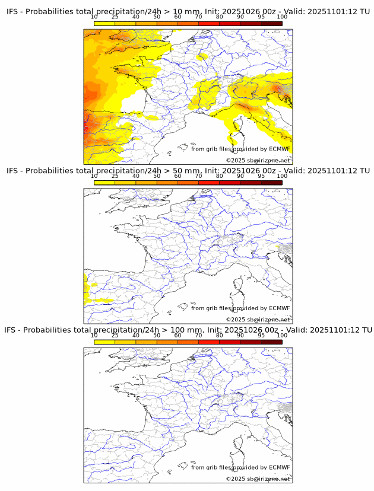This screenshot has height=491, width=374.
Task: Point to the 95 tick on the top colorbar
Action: [x=261, y=17]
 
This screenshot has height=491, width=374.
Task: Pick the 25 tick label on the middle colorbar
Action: [x=115, y=176]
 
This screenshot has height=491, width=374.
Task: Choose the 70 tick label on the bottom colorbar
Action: [x=198, y=335]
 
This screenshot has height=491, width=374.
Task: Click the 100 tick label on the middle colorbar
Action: [x=282, y=176]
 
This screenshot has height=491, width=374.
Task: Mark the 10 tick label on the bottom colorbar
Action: [x=94, y=335]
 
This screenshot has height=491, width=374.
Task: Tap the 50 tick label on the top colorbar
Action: [x=157, y=17]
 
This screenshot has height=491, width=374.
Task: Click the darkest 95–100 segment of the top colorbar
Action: [x=271, y=23]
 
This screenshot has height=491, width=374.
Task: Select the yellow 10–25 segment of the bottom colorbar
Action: [x=104, y=342]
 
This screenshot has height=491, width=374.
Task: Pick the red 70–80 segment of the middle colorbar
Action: [x=208, y=183]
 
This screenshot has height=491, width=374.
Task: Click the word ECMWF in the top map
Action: [x=279, y=149]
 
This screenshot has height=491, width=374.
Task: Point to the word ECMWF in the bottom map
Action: [x=279, y=467]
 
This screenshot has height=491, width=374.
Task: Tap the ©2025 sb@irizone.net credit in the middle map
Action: [x=258, y=320]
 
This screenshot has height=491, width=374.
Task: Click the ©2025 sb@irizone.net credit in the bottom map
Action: [x=258, y=479]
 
